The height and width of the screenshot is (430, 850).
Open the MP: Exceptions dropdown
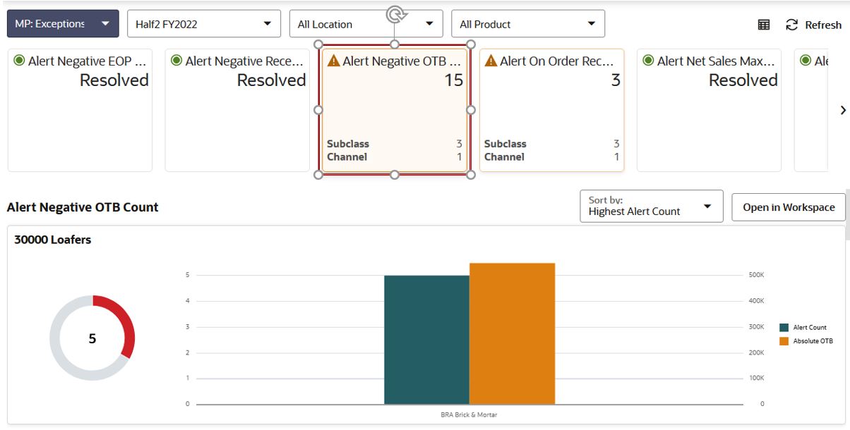click(62, 24)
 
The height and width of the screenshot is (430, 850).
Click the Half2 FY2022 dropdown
click(203, 24)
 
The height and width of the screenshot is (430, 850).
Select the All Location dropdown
click(366, 24)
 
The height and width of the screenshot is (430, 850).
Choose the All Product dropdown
click(527, 24)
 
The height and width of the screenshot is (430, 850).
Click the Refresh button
click(814, 25)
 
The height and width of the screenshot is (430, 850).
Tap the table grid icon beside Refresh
click(764, 25)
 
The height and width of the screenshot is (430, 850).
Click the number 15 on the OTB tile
click(453, 80)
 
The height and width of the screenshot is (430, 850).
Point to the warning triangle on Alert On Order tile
click(491, 61)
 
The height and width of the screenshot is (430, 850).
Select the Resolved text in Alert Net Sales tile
click(743, 80)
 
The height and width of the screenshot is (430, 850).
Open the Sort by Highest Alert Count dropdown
click(651, 206)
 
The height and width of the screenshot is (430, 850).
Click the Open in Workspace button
click(789, 207)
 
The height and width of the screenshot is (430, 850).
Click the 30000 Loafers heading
click(53, 240)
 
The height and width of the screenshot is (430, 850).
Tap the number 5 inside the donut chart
click(92, 339)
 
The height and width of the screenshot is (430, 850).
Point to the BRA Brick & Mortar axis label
click(469, 414)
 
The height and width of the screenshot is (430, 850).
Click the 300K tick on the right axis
click(756, 327)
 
